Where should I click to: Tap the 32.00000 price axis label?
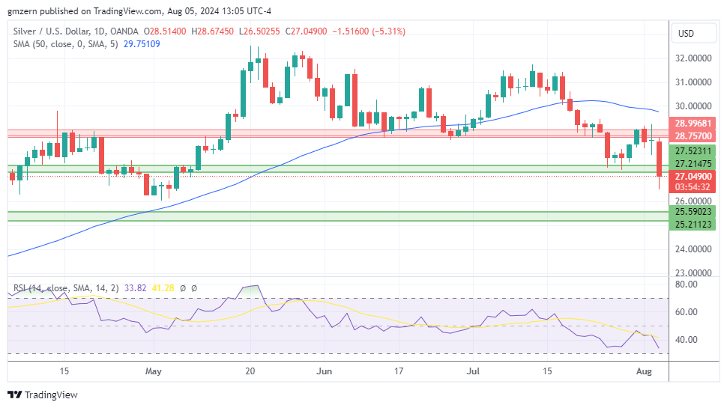(x=693, y=58)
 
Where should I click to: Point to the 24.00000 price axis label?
(x=693, y=249)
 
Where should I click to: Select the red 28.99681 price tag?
(x=693, y=124)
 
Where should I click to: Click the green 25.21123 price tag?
(x=693, y=224)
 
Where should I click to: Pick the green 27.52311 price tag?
(x=693, y=151)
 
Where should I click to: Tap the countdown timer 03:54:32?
(x=693, y=187)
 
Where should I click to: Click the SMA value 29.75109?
(x=142, y=44)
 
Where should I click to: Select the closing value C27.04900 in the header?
(x=306, y=31)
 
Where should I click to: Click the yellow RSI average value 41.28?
(x=163, y=288)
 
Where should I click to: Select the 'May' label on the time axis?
(x=154, y=371)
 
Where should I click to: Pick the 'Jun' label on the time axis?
(x=324, y=371)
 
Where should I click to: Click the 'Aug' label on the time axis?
(x=644, y=371)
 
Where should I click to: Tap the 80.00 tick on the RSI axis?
(x=687, y=284)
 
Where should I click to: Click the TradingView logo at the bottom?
(x=43, y=395)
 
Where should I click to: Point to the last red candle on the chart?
(x=660, y=159)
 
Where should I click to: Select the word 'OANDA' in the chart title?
(x=124, y=31)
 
